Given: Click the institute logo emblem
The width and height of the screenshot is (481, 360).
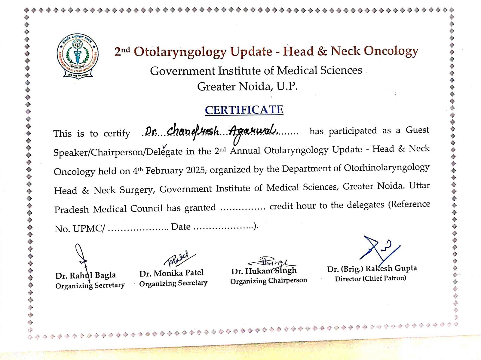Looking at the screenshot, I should tap(78, 56).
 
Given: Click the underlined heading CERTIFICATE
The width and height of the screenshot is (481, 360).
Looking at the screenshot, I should tap(244, 110).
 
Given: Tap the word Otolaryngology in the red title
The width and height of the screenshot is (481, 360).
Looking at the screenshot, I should tap(180, 52).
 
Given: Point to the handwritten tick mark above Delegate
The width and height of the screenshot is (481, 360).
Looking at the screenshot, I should tap(164, 146).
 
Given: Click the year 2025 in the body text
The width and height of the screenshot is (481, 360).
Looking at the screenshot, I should tap(196, 170).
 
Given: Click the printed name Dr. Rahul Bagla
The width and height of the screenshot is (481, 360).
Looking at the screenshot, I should tap(85, 275).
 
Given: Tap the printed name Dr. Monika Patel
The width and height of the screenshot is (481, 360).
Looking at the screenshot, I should tap(171, 273).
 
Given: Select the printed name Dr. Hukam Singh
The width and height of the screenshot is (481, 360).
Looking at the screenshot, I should tap(264, 271).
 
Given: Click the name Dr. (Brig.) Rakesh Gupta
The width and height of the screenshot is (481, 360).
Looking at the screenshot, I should tap(372, 268).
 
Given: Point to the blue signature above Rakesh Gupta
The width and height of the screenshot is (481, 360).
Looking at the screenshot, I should tap(379, 248).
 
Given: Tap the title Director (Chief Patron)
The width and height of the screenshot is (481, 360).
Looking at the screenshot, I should tap(370, 279).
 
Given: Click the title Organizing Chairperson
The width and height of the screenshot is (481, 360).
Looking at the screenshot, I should tap(268, 281).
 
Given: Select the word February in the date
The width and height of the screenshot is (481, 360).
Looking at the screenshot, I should tap(164, 171).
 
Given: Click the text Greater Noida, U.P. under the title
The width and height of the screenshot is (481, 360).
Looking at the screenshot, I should tap(247, 87).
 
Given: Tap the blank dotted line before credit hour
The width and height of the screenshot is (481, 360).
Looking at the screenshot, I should tap(243, 207).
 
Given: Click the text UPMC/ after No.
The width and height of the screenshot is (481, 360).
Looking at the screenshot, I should tap(89, 229).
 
